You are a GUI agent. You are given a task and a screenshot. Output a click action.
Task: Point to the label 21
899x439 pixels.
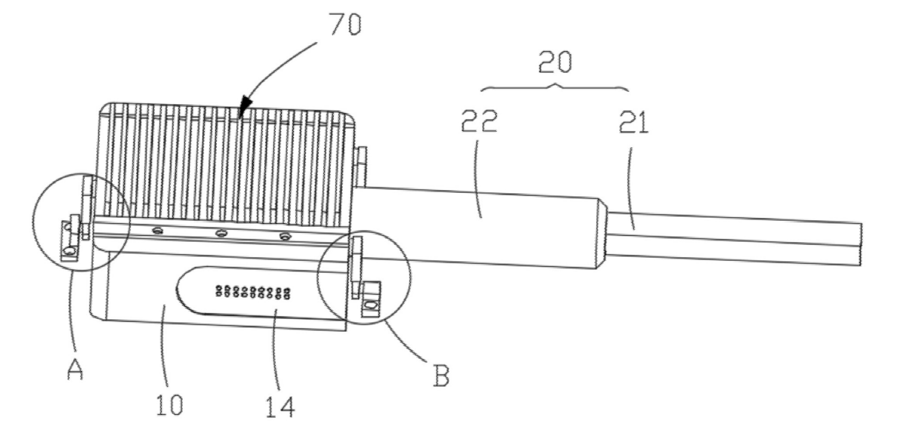click(x=633, y=123)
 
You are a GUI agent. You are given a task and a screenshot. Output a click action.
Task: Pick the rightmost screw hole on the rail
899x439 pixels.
click(x=285, y=236)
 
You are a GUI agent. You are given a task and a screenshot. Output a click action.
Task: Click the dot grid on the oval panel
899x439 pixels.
click(x=253, y=292)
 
